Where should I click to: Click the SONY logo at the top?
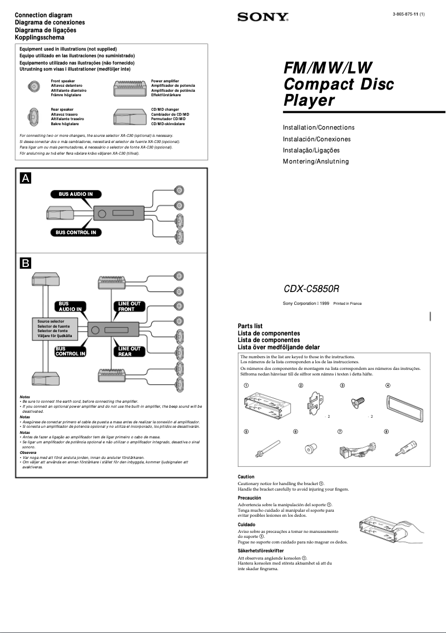click(263, 17)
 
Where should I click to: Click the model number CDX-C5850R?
click(311, 289)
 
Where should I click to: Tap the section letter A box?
click(26, 178)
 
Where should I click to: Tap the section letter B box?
click(26, 263)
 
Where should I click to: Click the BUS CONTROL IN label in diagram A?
click(76, 233)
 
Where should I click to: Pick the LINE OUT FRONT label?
click(129, 306)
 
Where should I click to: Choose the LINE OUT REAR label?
click(129, 351)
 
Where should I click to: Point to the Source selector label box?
click(54, 329)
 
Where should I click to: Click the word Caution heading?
click(246, 477)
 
